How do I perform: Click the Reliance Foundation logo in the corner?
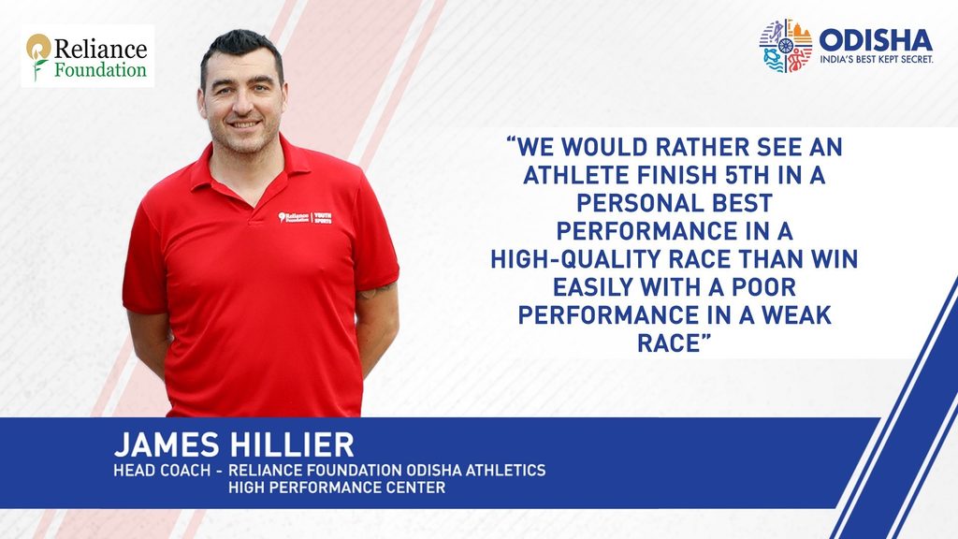pyautogui.click(x=87, y=56)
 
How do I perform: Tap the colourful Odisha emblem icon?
pyautogui.click(x=786, y=45)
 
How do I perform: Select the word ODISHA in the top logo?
pyautogui.click(x=876, y=40)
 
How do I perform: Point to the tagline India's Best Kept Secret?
pyautogui.click(x=876, y=59)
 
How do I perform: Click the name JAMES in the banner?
pyautogui.click(x=167, y=444)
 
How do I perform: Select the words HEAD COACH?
pyautogui.click(x=162, y=470)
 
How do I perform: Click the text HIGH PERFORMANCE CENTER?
pyautogui.click(x=337, y=487)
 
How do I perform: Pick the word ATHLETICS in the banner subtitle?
pyautogui.click(x=505, y=470)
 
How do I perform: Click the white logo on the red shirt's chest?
pyautogui.click(x=305, y=217)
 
